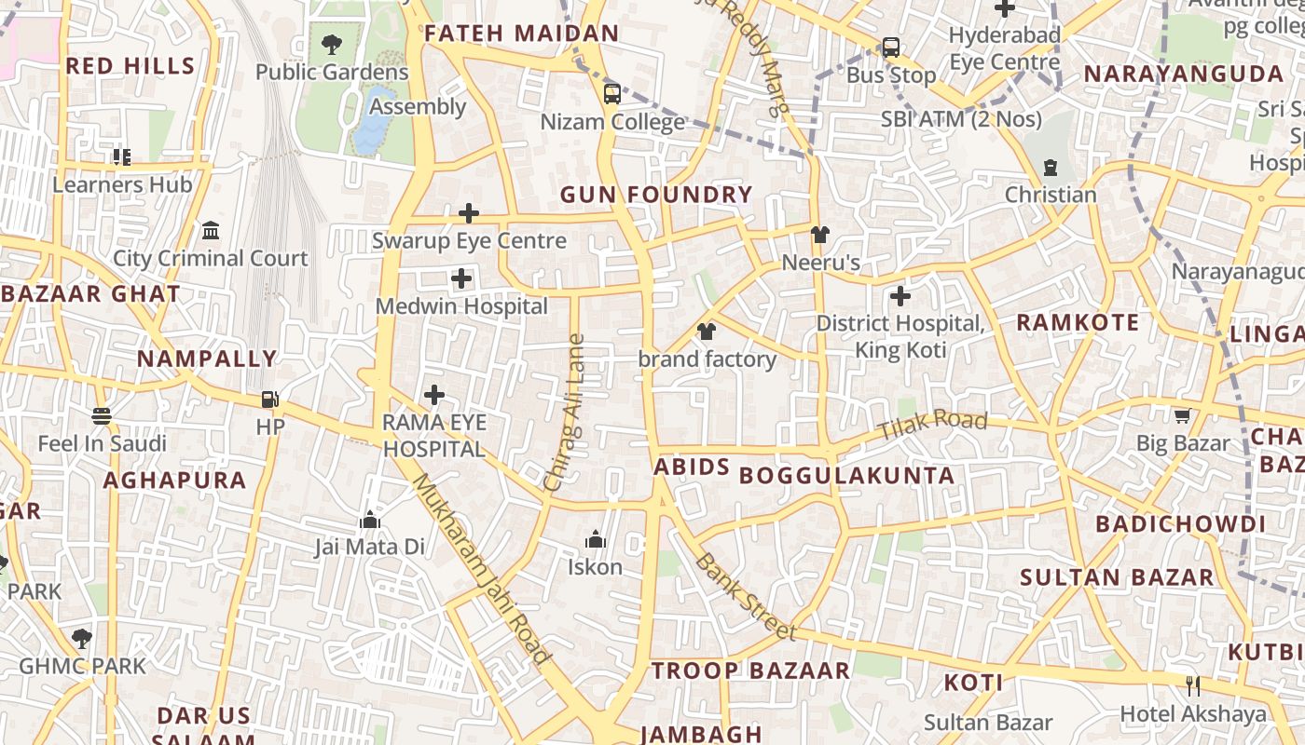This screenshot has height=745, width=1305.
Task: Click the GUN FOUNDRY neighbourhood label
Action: tap(655, 195)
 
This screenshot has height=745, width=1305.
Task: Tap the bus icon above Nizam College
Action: tap(612, 93)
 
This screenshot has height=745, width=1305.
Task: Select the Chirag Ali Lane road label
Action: tap(567, 413)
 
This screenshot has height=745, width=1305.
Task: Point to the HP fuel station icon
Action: tap(269, 399)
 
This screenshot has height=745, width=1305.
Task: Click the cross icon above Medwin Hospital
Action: tap(461, 278)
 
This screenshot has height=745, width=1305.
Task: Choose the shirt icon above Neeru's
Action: tap(819, 235)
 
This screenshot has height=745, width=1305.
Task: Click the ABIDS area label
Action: tap(692, 467)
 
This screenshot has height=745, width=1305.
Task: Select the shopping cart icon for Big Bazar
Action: tap(1182, 415)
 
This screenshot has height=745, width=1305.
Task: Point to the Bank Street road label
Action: tap(746, 597)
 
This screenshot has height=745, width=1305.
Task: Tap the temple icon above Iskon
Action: tap(596, 538)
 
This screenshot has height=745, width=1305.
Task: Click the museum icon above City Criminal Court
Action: tap(211, 230)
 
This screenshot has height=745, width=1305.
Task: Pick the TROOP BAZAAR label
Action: tap(750, 670)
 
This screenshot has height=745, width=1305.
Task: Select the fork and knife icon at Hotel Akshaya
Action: tap(1192, 685)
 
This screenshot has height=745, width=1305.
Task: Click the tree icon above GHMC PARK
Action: tap(82, 638)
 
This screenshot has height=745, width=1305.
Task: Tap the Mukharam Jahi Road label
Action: tap(480, 569)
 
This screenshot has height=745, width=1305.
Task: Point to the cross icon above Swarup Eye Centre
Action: tap(469, 213)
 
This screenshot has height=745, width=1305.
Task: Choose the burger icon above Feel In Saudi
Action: tap(102, 415)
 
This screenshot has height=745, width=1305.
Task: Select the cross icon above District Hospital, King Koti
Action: tap(900, 296)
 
